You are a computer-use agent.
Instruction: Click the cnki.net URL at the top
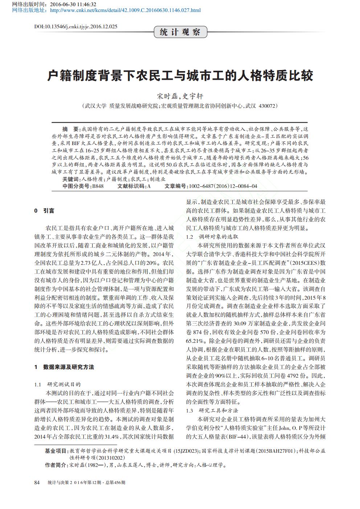tap(125, 10)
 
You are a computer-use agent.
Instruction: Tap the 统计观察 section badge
tap(180, 32)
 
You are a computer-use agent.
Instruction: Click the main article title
tap(180, 76)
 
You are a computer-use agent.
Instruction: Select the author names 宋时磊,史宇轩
tap(180, 96)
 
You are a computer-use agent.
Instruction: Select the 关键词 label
tap(70, 179)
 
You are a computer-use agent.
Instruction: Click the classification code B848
tap(98, 186)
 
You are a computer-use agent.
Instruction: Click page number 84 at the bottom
tap(37, 483)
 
